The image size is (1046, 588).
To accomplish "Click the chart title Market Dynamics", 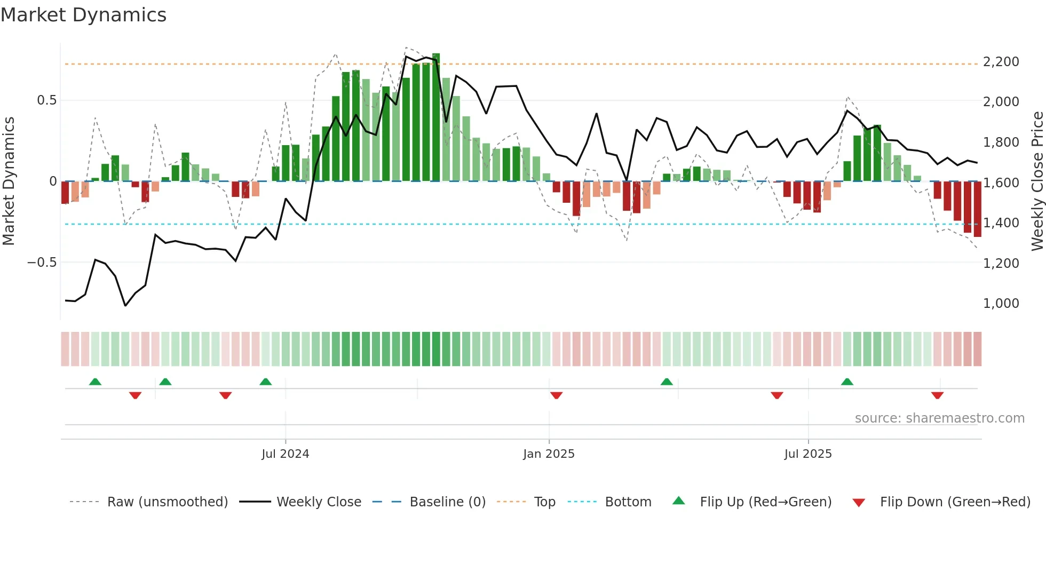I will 84,15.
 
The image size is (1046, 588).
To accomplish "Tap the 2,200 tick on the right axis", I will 1001,62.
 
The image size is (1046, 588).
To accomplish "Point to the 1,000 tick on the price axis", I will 1001,304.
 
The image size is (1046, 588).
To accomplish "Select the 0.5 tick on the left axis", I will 46,100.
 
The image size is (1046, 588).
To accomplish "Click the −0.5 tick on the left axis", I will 42,263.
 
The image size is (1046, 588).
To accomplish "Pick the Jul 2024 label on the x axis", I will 285,454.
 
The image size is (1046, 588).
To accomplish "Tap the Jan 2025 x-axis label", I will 549,454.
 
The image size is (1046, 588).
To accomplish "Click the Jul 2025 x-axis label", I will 807,454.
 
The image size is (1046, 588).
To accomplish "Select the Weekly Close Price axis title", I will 1037,181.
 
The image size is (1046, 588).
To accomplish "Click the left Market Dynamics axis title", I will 9,181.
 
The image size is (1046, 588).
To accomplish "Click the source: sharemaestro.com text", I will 939,418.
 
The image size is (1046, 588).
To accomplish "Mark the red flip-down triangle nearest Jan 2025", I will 556,395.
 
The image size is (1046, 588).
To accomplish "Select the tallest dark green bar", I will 436,117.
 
